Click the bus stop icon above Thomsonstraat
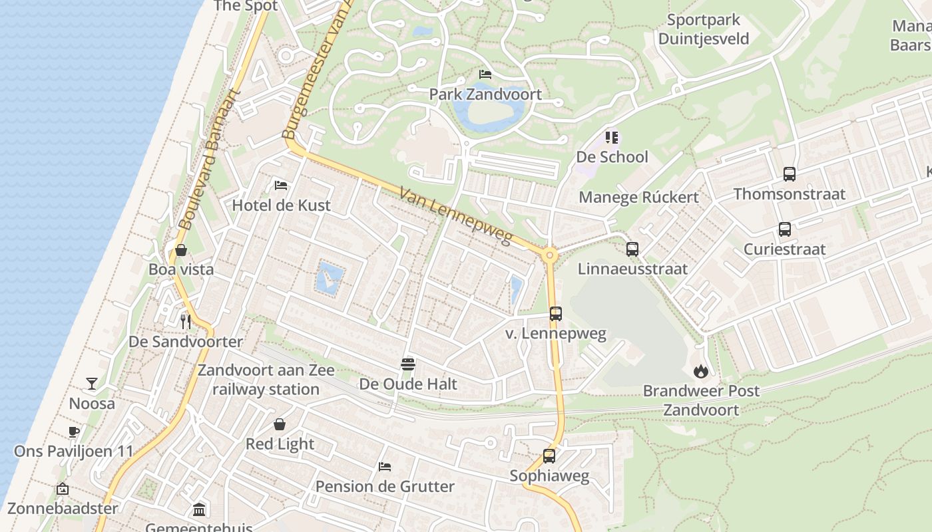(790, 174)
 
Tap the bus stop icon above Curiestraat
(785, 229)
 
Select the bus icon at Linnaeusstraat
(632, 249)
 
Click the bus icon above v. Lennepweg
(556, 314)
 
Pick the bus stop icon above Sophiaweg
(549, 456)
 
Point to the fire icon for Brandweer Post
(700, 371)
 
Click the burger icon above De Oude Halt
(408, 364)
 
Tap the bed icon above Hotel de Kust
(281, 185)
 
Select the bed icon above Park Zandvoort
(485, 74)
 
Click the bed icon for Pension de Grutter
(385, 467)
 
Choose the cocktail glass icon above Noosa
(92, 384)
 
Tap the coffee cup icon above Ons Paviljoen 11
(74, 432)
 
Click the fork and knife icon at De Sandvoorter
(186, 322)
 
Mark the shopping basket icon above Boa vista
(180, 250)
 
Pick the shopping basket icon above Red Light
(280, 424)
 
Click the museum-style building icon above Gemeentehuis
(199, 510)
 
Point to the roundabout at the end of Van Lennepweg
(550, 255)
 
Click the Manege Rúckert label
(638, 197)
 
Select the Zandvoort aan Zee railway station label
(266, 380)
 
